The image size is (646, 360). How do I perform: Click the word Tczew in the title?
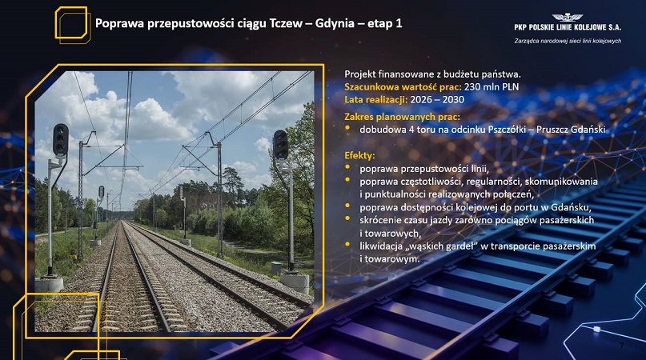(x=286, y=23)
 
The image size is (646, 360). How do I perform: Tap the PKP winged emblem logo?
(x=568, y=18)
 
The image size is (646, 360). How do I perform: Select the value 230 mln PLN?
(x=491, y=87)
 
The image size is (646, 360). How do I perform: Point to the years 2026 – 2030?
(x=437, y=100)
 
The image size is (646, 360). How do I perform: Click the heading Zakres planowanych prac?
(x=402, y=117)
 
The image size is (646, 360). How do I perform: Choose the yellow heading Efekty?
(x=359, y=156)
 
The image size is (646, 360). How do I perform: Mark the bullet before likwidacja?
(x=347, y=244)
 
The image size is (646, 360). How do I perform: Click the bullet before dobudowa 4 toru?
(x=347, y=128)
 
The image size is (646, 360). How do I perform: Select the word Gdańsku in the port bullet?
(x=571, y=207)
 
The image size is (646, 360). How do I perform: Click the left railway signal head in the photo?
(x=61, y=140)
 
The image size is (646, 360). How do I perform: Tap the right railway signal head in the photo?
(x=280, y=145)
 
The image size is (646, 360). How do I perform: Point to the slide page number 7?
(x=622, y=345)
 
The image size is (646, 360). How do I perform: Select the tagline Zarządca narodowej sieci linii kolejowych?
(x=568, y=41)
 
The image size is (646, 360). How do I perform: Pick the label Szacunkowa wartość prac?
(x=403, y=87)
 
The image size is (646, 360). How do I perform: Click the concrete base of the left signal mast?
(x=49, y=284)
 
